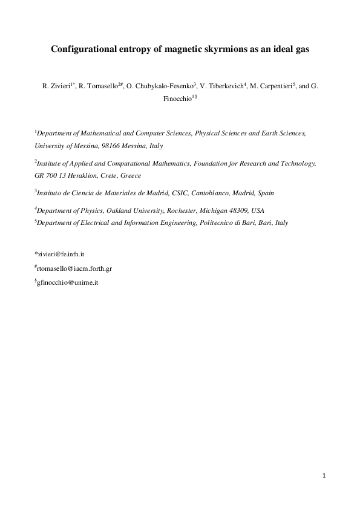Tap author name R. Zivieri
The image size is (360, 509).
(x=56, y=87)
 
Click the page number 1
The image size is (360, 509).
(x=324, y=476)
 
